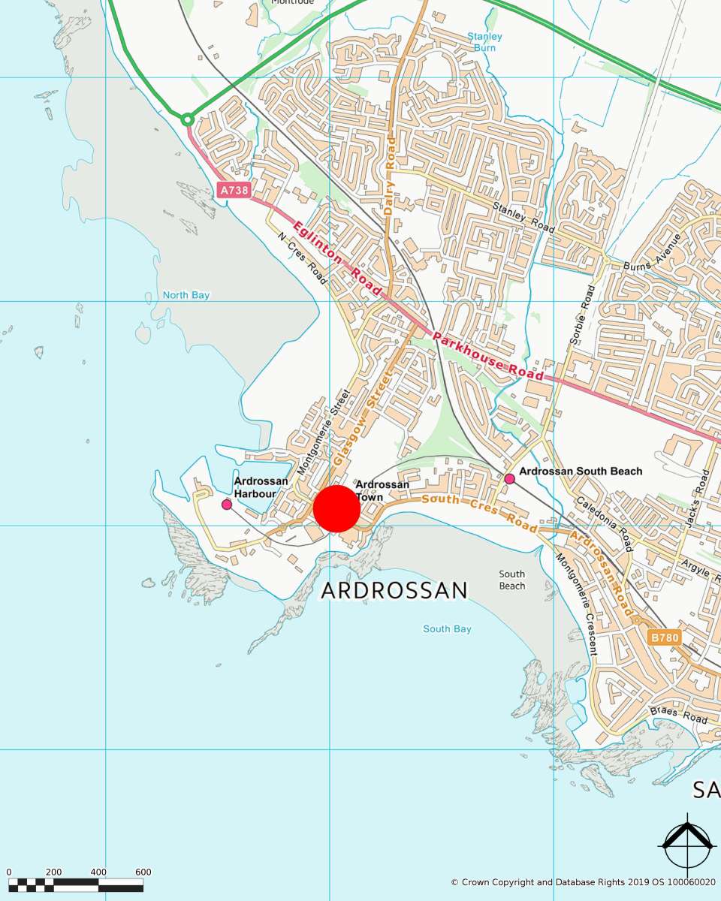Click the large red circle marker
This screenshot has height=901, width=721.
coord(336,508)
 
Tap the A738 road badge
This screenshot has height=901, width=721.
coord(233,191)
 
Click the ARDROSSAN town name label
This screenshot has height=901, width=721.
coord(394,590)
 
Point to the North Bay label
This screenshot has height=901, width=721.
coord(186,295)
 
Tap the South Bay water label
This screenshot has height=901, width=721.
coord(447,628)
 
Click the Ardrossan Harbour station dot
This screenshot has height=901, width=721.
coord(227,505)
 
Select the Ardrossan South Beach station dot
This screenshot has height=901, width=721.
coord(509,478)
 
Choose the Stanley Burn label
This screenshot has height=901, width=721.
coord(484,42)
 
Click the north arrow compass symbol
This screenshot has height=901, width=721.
coord(686,845)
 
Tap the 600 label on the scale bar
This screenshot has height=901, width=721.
coord(143,872)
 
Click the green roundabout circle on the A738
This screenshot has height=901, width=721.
coord(188,119)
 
